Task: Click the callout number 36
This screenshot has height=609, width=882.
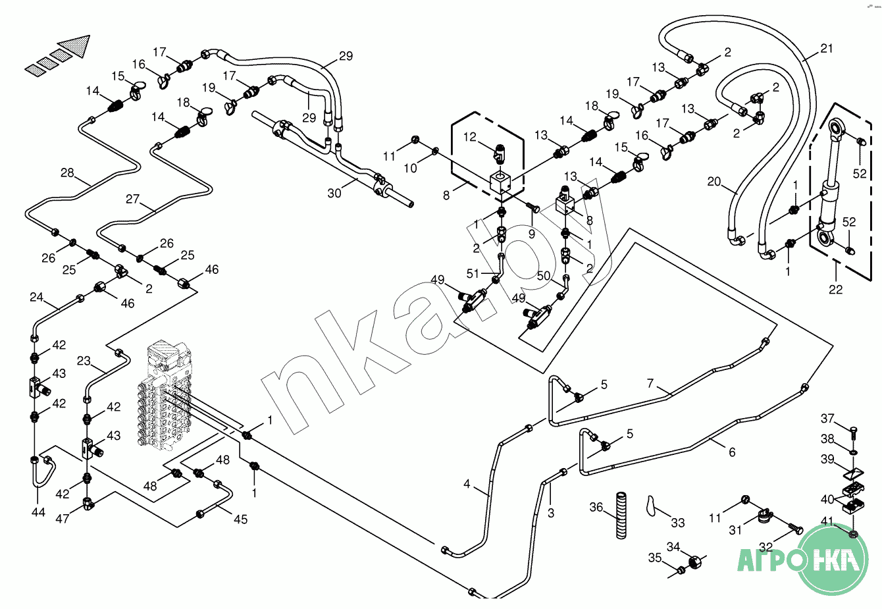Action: [x=596, y=508]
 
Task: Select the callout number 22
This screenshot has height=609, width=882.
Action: [x=835, y=289]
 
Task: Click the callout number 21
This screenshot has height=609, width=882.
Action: [x=826, y=48]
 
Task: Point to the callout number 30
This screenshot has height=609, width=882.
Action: [x=334, y=194]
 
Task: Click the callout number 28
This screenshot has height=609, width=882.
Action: [x=67, y=173]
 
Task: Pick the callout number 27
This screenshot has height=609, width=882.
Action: [x=133, y=199]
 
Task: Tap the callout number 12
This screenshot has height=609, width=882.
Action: [x=469, y=137]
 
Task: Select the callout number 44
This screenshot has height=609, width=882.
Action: [x=38, y=512]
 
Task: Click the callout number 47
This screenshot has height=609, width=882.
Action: [x=62, y=519]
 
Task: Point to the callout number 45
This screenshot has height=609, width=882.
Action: [x=241, y=519]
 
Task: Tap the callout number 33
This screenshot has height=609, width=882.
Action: [x=678, y=523]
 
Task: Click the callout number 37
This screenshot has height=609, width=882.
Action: [x=827, y=419]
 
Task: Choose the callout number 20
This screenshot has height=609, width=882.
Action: [x=714, y=182]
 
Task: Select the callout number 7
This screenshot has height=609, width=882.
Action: [x=650, y=383]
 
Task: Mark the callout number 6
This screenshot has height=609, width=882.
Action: [x=732, y=452]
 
